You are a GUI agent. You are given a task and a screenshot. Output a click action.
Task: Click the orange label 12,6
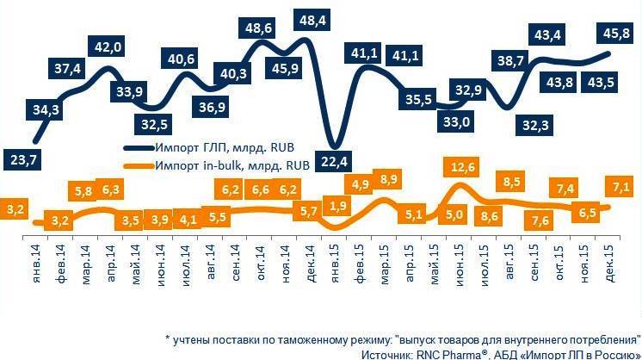pyautogui.click(x=462, y=164)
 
